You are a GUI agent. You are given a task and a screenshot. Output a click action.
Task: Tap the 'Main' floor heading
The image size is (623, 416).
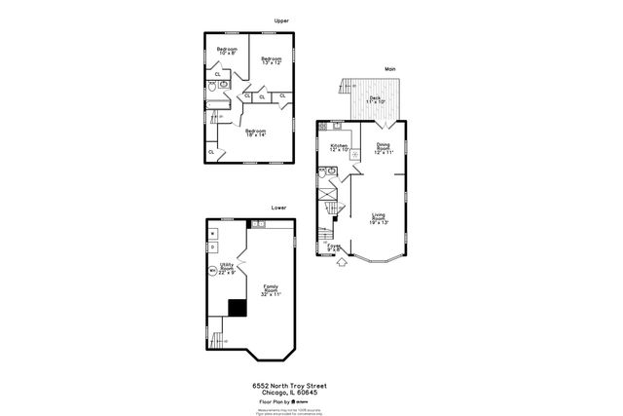(x=389, y=69)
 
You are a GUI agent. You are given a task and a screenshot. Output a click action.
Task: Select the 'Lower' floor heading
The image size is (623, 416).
(x=278, y=208)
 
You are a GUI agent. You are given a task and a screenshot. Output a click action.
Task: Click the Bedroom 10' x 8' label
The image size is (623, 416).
(x=227, y=51)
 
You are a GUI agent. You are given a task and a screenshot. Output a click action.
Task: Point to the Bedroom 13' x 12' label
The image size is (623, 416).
(x=271, y=60)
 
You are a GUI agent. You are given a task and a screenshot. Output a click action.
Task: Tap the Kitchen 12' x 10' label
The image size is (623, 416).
(x=339, y=148)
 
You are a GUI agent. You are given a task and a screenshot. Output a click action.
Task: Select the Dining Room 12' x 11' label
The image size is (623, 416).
(x=384, y=148)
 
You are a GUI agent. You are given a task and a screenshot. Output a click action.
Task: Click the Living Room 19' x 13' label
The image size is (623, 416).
(x=380, y=219)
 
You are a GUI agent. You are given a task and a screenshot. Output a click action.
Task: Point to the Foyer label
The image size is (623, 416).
(x=334, y=247)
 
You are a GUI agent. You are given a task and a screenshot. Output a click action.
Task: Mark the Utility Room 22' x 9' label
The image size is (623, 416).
(x=226, y=270)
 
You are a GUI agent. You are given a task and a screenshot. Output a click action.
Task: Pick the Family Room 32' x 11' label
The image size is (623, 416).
(x=270, y=289)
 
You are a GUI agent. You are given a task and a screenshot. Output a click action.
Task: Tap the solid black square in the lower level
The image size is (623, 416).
(x=236, y=308)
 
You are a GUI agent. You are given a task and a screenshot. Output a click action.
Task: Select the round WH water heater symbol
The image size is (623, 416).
(x=212, y=272)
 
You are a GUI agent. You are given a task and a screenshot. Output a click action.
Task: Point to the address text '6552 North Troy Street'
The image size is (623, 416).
(x=283, y=385)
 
